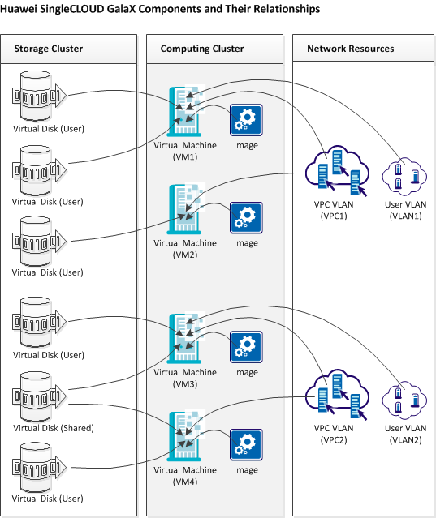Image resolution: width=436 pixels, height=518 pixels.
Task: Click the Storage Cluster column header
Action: pyautogui.click(x=49, y=49)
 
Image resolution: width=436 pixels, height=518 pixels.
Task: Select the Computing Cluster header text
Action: pyautogui.click(x=202, y=49)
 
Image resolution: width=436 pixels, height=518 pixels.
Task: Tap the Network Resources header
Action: pyautogui.click(x=350, y=49)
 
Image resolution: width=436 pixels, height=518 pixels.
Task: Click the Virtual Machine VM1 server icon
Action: pyautogui.click(x=186, y=111)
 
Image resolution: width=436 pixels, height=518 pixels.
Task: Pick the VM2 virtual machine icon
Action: pyautogui.click(x=186, y=209)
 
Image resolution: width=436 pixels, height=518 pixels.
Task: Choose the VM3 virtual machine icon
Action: pyautogui.click(x=186, y=338)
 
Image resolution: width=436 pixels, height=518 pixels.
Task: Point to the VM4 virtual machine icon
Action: pyautogui.click(x=186, y=435)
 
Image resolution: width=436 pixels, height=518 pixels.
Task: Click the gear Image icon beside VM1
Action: pyautogui.click(x=245, y=120)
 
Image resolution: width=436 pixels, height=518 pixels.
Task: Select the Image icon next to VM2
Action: pyautogui.click(x=245, y=217)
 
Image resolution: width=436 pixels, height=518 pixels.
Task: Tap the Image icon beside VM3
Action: pyautogui.click(x=245, y=346)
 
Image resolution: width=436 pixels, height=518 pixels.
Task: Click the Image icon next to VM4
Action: pyautogui.click(x=245, y=444)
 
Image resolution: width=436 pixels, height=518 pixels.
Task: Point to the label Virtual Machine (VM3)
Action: pyautogui.click(x=186, y=377)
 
